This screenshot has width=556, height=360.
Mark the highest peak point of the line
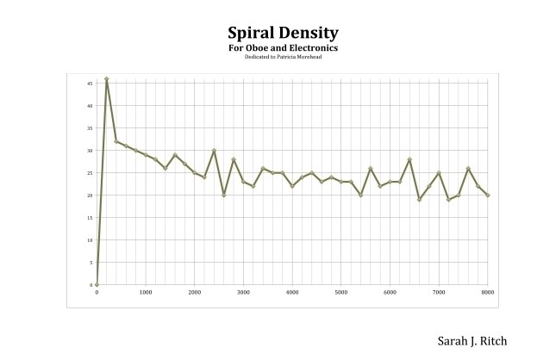click(x=106, y=79)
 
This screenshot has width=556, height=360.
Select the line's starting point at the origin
click(x=97, y=284)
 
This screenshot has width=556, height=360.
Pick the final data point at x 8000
click(x=488, y=196)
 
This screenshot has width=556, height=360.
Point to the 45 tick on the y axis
click(x=90, y=84)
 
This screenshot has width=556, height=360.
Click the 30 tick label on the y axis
click(x=90, y=151)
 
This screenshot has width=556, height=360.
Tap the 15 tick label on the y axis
click(x=90, y=218)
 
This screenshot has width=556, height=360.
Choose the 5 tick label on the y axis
click(x=91, y=263)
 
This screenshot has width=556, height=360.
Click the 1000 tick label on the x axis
click(x=146, y=293)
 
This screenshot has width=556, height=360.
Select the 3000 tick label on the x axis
click(x=243, y=293)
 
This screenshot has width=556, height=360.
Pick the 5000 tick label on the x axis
click(x=340, y=293)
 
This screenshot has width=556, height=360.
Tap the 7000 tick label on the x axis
click(x=439, y=293)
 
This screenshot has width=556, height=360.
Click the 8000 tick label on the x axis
click(x=487, y=293)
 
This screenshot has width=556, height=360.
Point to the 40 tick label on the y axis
click(x=90, y=106)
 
